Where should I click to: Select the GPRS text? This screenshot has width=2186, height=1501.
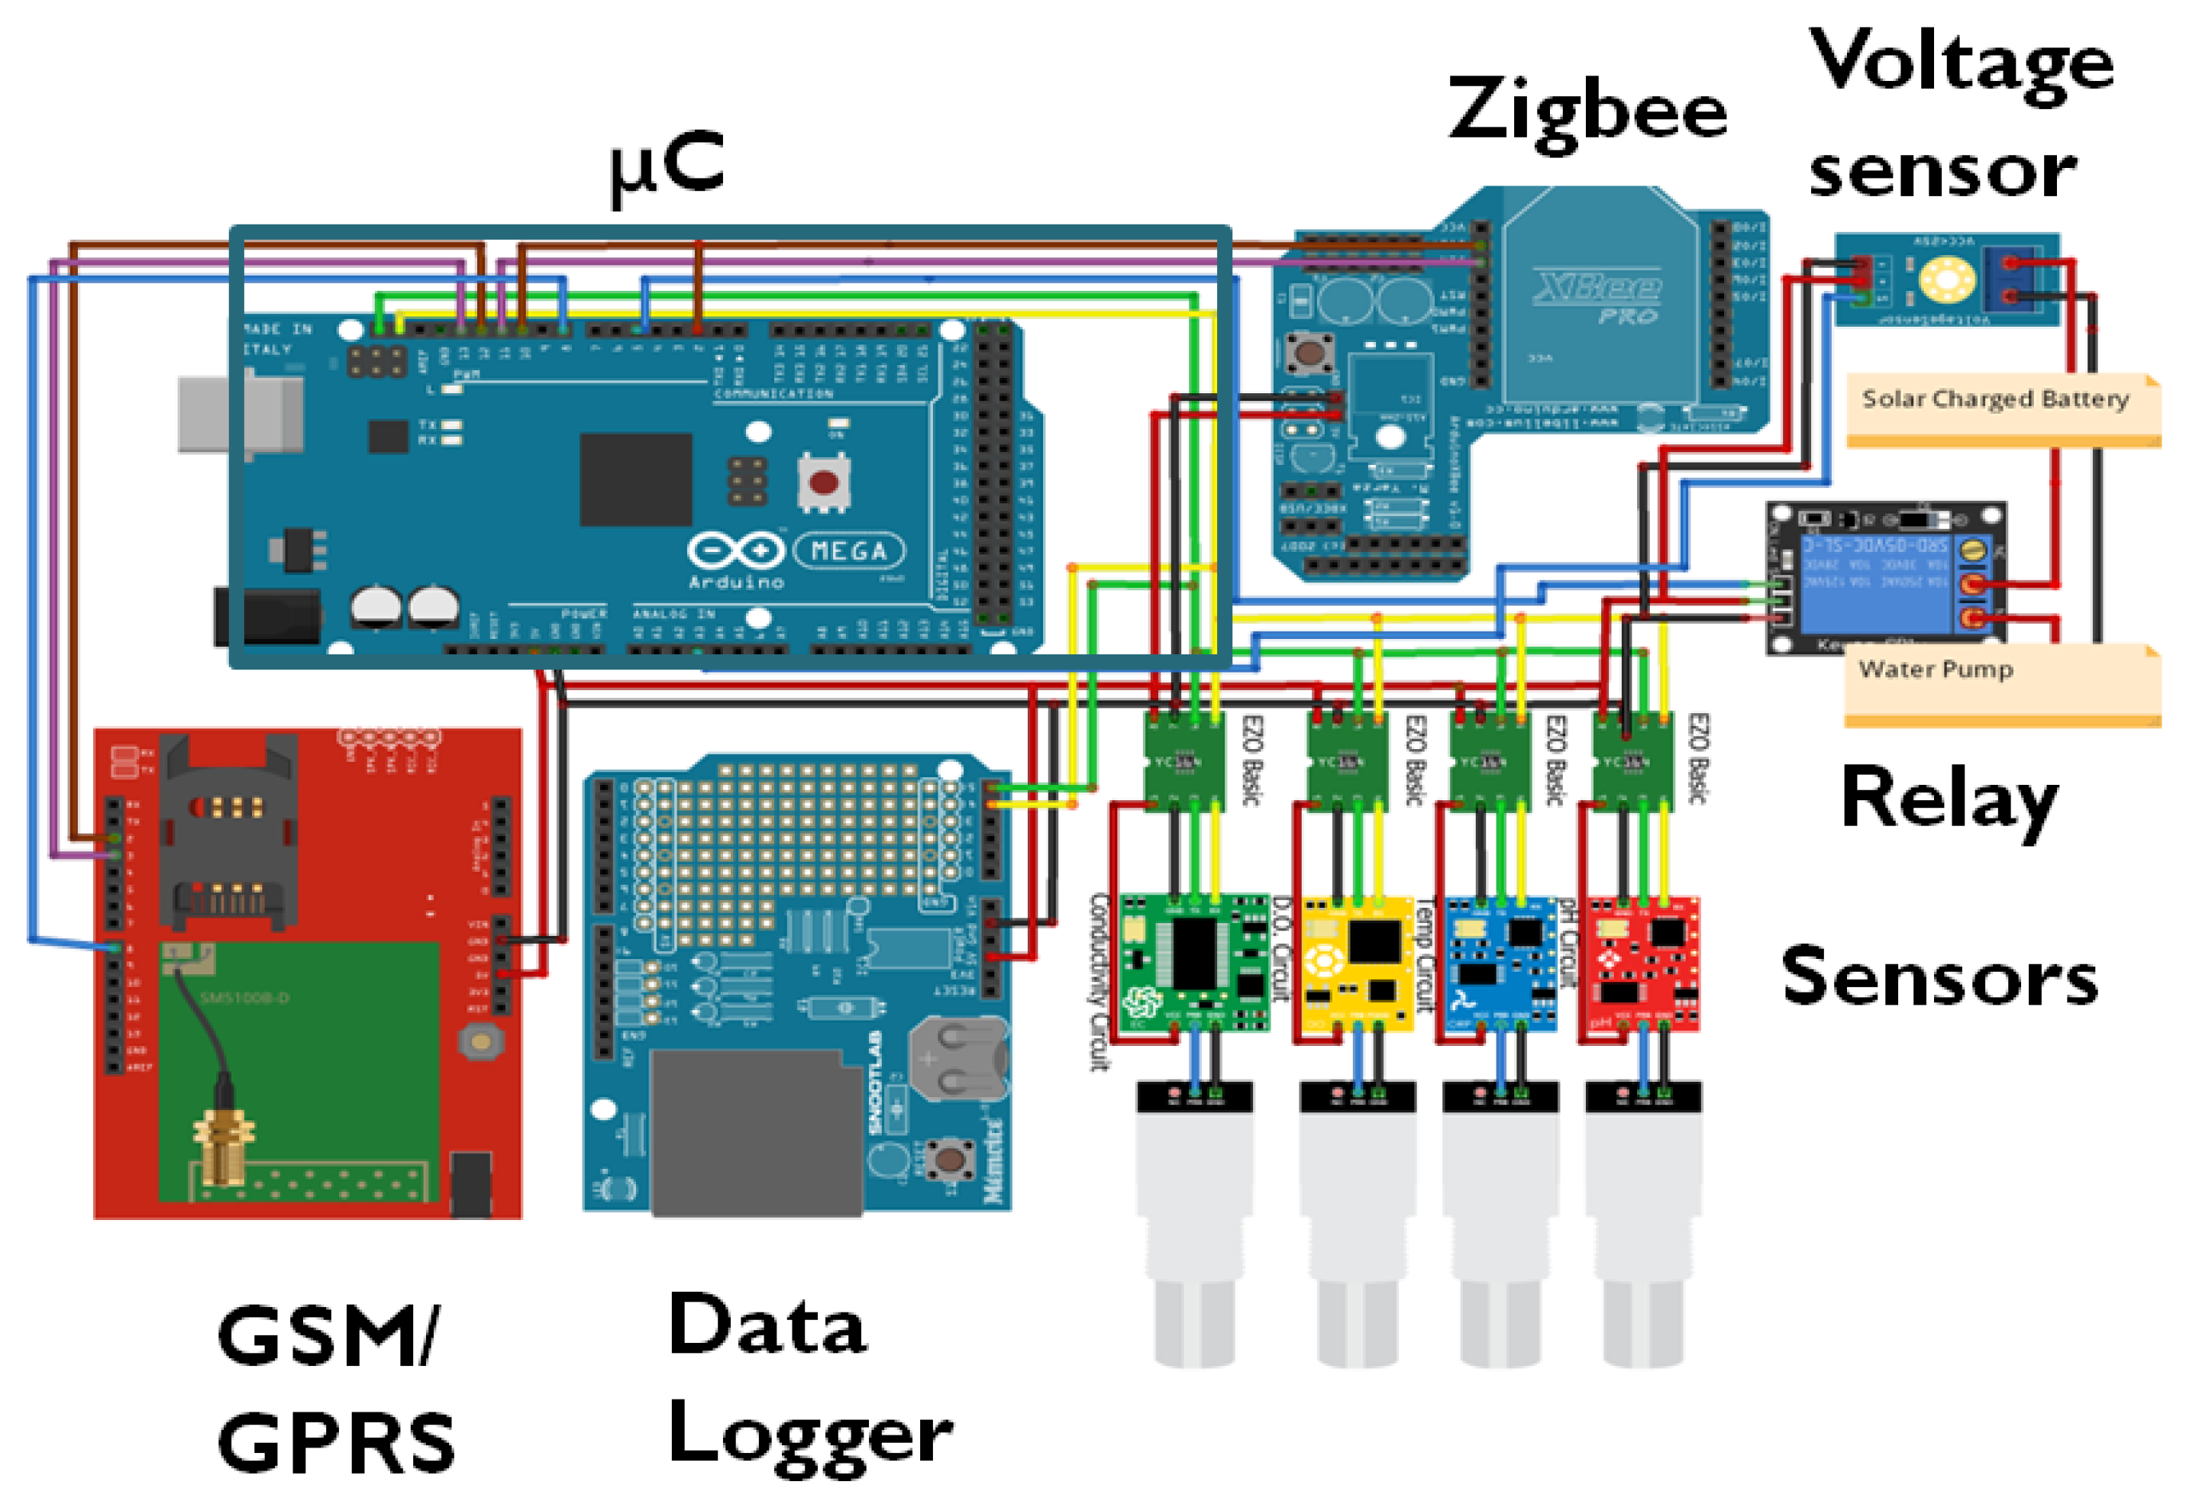(336, 1445)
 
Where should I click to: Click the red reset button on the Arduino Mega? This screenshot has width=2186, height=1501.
(824, 483)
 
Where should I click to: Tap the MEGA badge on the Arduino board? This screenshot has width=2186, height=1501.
(849, 551)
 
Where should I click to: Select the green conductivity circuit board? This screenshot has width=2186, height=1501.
(1193, 964)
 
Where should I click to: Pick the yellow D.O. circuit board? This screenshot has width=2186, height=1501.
(1356, 964)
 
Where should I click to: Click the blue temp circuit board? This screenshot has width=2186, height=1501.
(1500, 964)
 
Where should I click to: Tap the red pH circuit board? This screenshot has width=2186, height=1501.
(1642, 964)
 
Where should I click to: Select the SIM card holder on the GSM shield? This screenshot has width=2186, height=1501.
(228, 832)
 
